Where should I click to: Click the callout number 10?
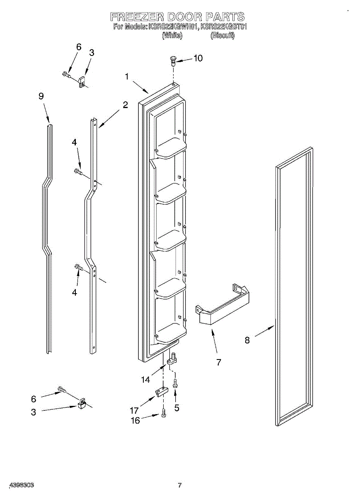(198, 58)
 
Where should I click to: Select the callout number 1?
(127, 76)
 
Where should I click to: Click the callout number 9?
(41, 96)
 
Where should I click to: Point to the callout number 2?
(125, 105)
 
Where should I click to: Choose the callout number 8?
(247, 340)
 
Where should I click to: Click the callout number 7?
(218, 362)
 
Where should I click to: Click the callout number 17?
(134, 411)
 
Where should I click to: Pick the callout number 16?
(136, 420)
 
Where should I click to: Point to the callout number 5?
(177, 408)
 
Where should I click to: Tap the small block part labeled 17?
(161, 391)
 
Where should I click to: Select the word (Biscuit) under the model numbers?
(222, 36)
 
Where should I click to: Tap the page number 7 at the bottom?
(179, 485)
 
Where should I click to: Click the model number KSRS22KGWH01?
(173, 27)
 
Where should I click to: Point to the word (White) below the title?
(172, 36)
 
